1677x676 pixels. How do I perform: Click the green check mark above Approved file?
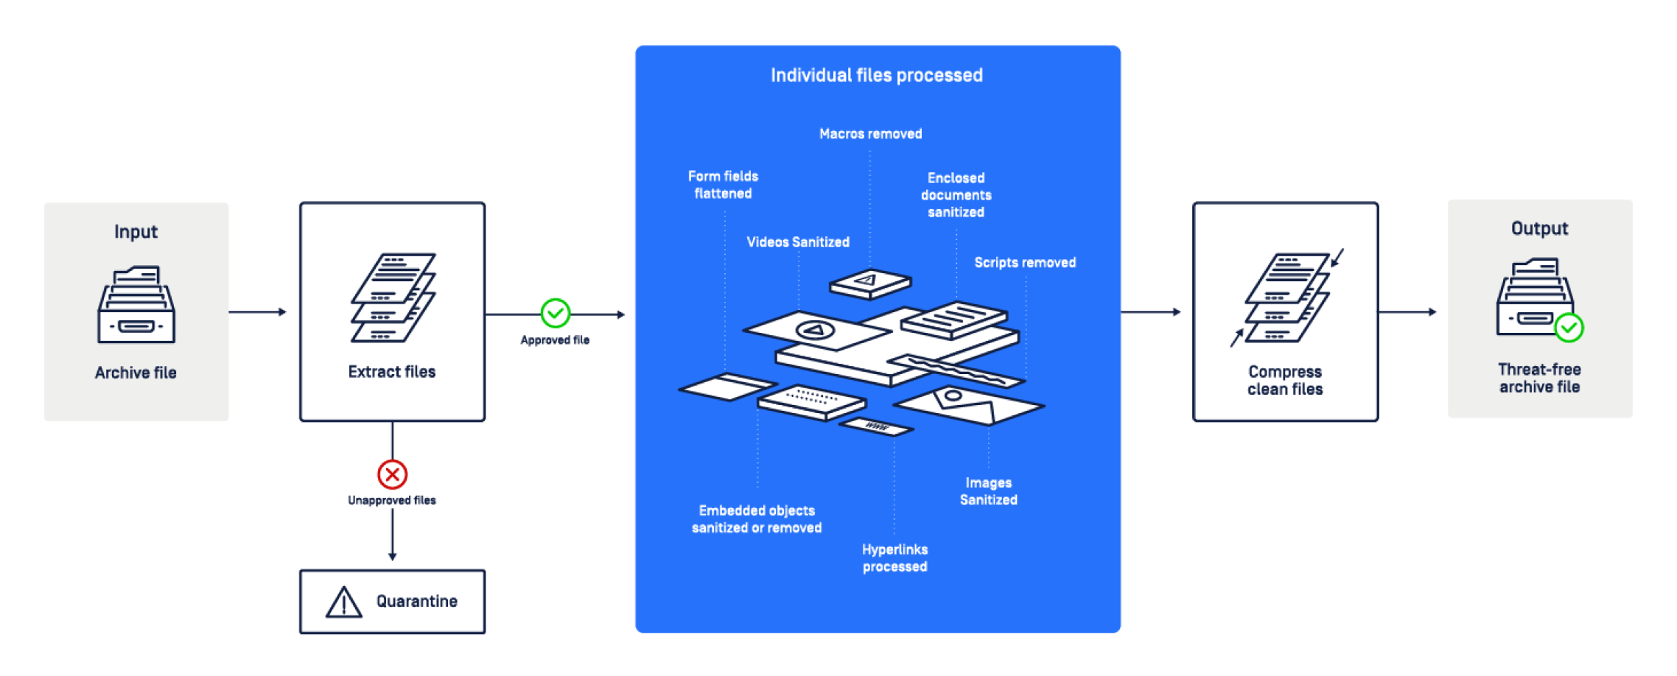tap(555, 313)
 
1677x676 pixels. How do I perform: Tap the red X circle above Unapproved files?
tap(392, 474)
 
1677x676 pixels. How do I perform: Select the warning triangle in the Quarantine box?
tap(343, 602)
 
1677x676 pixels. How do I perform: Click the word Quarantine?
tap(416, 602)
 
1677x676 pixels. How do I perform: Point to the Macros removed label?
tap(870, 134)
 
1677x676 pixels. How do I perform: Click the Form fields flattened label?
tap(723, 185)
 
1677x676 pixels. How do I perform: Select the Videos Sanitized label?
tap(797, 242)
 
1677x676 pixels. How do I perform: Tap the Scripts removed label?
tap(1024, 263)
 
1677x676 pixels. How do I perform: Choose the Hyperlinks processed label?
tap(894, 558)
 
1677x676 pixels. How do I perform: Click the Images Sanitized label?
tap(988, 491)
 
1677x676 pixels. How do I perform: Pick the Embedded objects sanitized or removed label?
tap(757, 519)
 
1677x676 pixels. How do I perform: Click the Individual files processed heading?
tap(876, 75)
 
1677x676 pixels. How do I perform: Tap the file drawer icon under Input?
tap(136, 305)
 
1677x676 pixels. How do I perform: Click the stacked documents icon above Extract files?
tap(393, 297)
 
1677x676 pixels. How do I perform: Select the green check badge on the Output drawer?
tap(1569, 328)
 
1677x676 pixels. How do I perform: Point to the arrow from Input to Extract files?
tap(257, 312)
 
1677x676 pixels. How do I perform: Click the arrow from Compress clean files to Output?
tap(1407, 312)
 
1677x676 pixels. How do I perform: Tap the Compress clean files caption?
tap(1285, 381)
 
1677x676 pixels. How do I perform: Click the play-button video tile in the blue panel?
tap(815, 330)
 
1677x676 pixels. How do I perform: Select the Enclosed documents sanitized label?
tap(956, 195)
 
